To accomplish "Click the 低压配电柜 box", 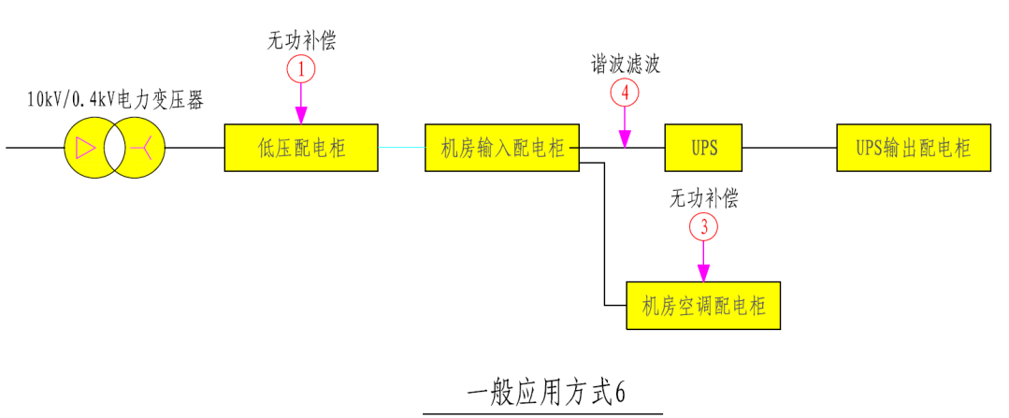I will [x=300, y=148].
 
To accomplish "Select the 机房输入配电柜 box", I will [x=502, y=148].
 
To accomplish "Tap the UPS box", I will [x=703, y=148].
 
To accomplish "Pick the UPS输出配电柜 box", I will [x=913, y=148].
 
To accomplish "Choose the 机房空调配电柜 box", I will [x=702, y=306].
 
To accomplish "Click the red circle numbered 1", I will [x=301, y=68].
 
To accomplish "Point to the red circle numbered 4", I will [x=625, y=93].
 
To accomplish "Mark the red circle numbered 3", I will [x=703, y=226].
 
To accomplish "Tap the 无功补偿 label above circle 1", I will [x=301, y=41].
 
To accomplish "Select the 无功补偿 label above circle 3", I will [x=703, y=199].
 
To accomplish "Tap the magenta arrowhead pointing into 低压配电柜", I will [x=301, y=117].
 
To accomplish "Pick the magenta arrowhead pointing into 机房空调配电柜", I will [x=703, y=275].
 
